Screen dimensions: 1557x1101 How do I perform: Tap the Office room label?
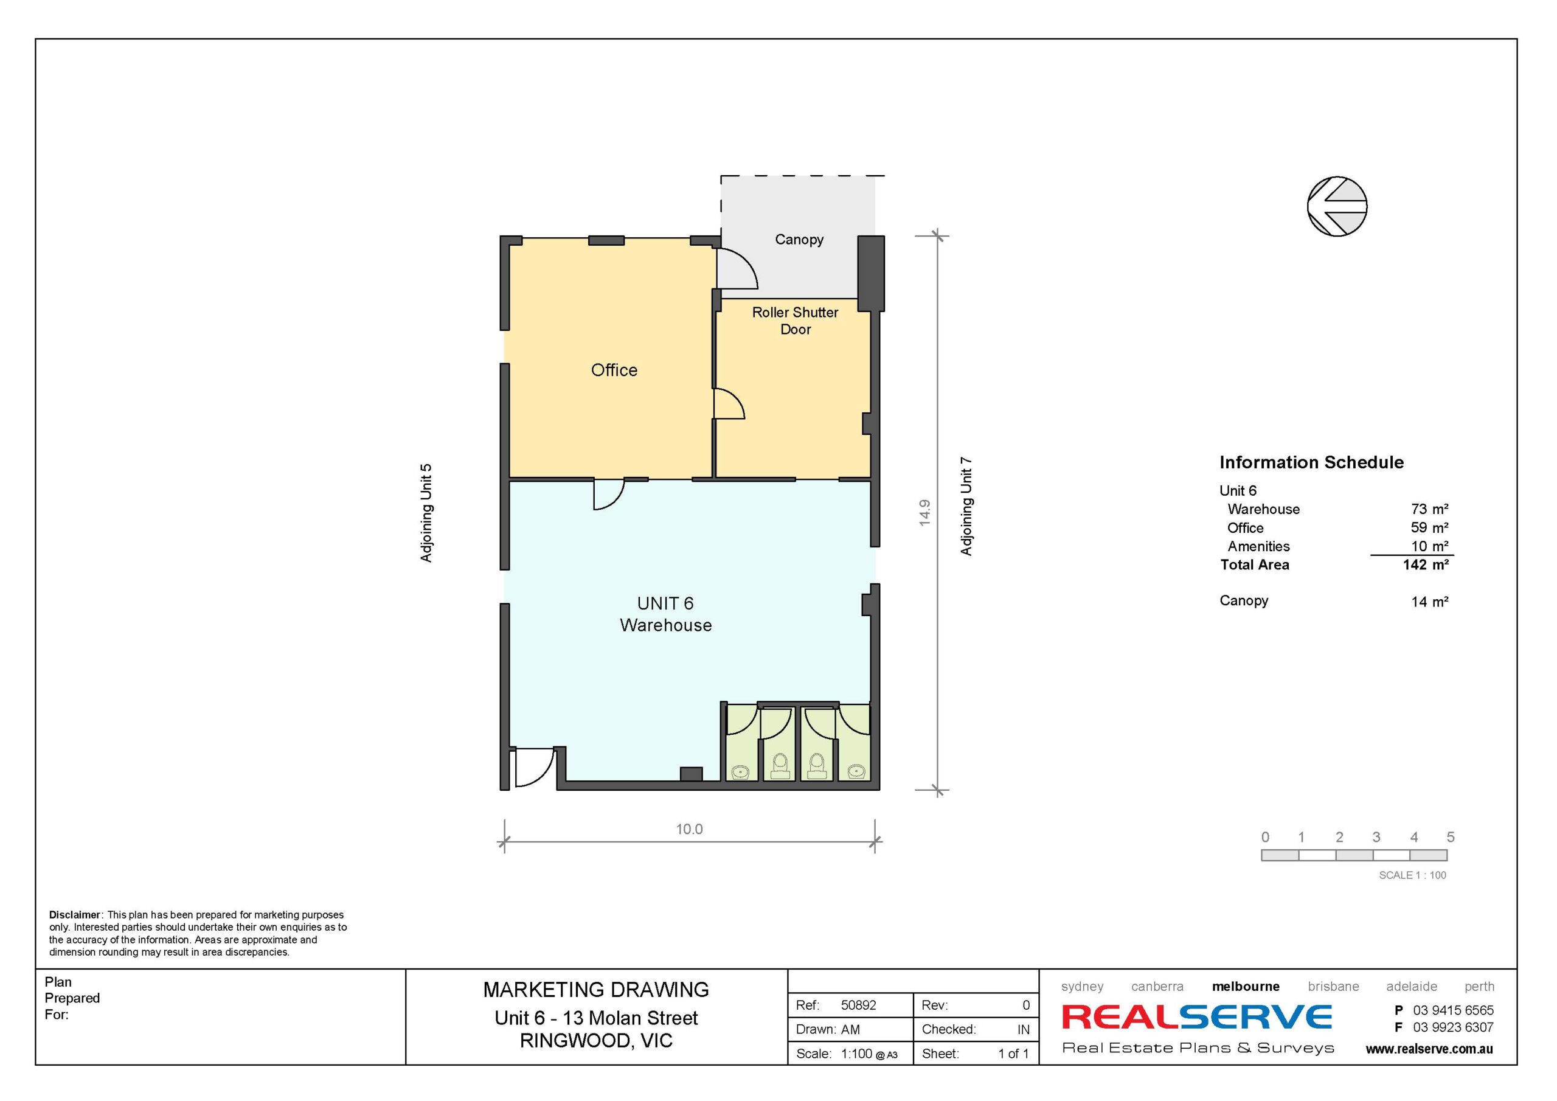[614, 370]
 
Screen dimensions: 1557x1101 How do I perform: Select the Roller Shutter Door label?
[795, 320]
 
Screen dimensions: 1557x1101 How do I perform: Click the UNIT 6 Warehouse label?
[665, 614]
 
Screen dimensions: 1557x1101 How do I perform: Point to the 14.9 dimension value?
[924, 513]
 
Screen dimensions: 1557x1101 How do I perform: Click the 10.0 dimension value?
[689, 829]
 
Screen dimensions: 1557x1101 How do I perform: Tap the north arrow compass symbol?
[1337, 206]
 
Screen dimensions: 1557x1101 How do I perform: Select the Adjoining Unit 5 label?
[426, 513]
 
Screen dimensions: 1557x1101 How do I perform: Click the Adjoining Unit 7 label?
[966, 507]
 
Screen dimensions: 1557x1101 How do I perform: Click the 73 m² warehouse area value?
[1429, 509]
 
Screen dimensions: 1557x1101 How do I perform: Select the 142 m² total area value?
[1426, 564]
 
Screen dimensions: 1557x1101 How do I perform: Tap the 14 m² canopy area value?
[1429, 602]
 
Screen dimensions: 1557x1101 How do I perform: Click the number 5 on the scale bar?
[1451, 837]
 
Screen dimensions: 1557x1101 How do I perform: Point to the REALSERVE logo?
[1197, 1017]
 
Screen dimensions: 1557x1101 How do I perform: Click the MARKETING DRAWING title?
[595, 990]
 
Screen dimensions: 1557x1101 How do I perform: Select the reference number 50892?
[859, 1005]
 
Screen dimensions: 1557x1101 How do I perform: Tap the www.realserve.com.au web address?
[1429, 1049]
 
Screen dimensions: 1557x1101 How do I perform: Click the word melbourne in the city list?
[1246, 987]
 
